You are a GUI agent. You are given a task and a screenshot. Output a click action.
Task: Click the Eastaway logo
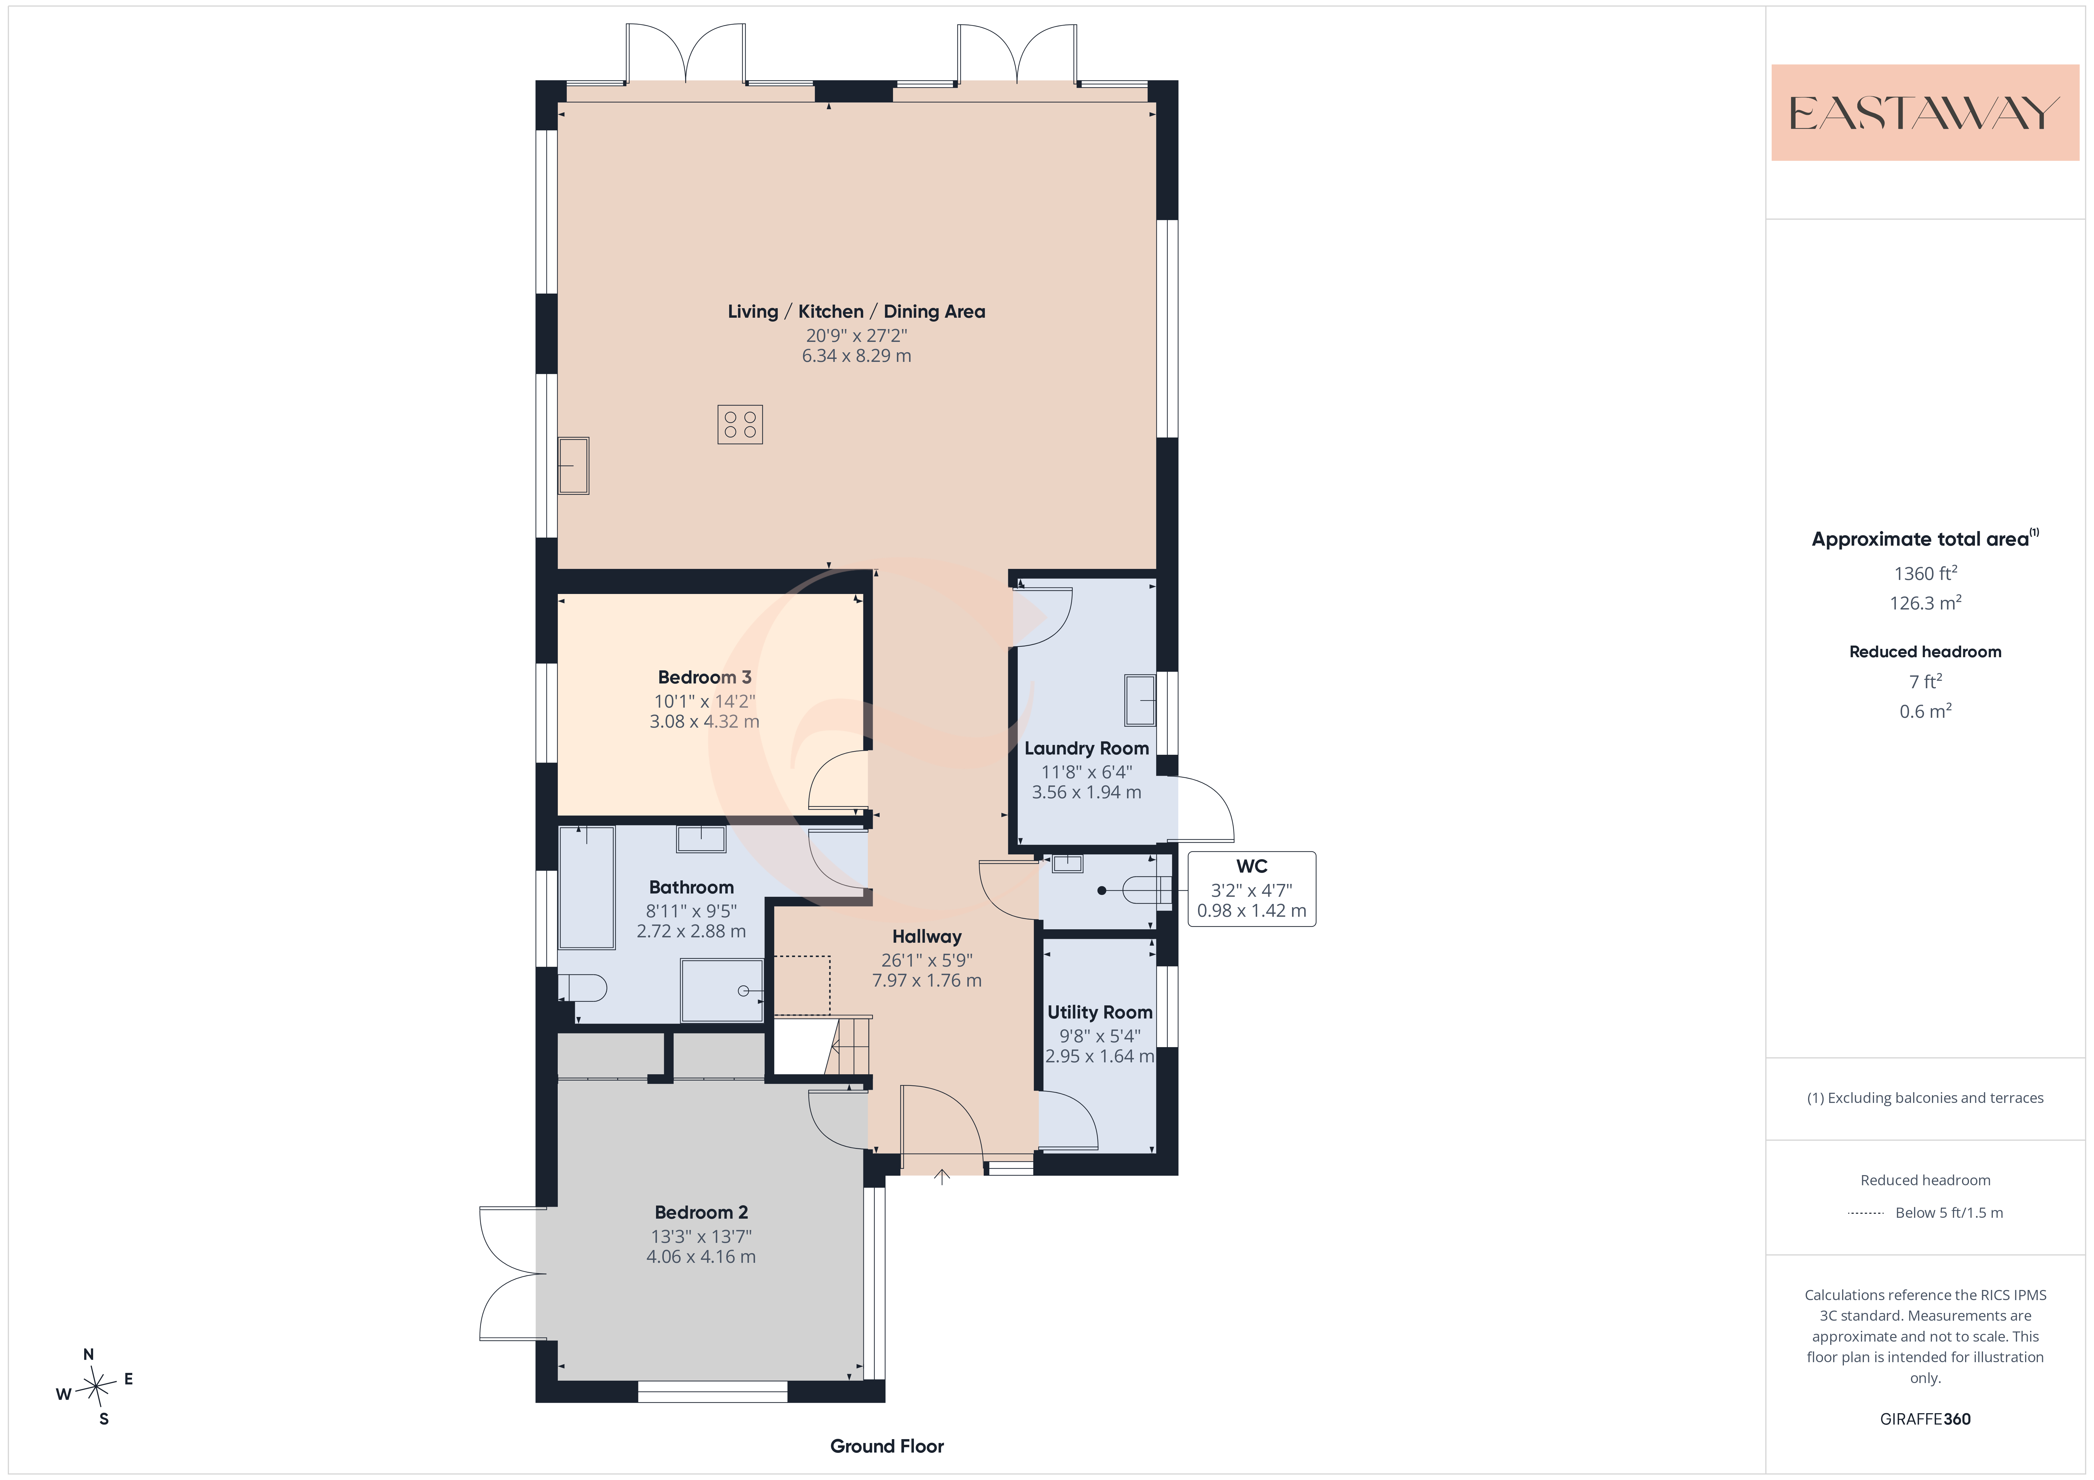coord(1924,113)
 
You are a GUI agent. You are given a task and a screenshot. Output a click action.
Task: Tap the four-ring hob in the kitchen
coord(740,424)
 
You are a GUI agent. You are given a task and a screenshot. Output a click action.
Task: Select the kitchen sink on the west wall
coord(574,466)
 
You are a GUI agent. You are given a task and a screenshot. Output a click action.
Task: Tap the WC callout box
coord(1251,889)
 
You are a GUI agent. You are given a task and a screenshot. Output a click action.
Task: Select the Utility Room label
coord(1100,1012)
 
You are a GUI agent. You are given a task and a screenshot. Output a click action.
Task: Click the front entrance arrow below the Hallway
coord(942,1177)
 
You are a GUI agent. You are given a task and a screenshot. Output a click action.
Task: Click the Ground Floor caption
coord(886,1446)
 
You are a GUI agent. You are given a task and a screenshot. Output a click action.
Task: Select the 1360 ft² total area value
coord(1925,574)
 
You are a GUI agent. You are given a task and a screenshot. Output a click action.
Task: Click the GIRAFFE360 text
coord(1925,1419)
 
